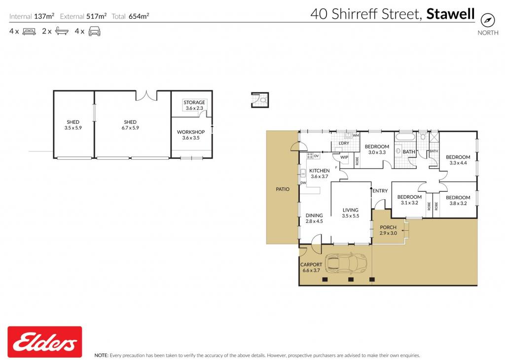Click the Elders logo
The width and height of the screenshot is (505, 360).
tap(45, 342)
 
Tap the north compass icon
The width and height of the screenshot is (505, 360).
tap(488, 20)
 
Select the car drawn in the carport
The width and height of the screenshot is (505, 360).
tap(346, 263)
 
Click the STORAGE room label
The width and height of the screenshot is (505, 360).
tap(194, 103)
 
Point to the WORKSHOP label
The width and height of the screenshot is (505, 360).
tap(191, 132)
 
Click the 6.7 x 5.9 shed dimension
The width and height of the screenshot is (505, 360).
tap(130, 128)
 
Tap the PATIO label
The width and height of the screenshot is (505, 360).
tap(283, 189)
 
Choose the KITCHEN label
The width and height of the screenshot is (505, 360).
tap(319, 171)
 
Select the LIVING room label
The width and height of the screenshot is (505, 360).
tap(351, 210)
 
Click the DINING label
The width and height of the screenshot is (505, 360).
tap(314, 216)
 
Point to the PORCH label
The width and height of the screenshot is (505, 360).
tap(388, 227)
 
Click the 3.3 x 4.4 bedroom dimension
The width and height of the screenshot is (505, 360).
tap(458, 163)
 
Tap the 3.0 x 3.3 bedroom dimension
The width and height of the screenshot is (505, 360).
tap(377, 152)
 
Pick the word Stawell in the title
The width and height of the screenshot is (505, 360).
tap(450, 14)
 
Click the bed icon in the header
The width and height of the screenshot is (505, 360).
tap(29, 32)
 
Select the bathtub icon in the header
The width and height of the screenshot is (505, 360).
tap(62, 31)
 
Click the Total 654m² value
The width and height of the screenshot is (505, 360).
tap(139, 16)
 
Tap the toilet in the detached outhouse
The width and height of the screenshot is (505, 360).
tap(263, 100)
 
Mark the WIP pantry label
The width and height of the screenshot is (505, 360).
tap(344, 157)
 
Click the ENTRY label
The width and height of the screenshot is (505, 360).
tap(380, 191)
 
